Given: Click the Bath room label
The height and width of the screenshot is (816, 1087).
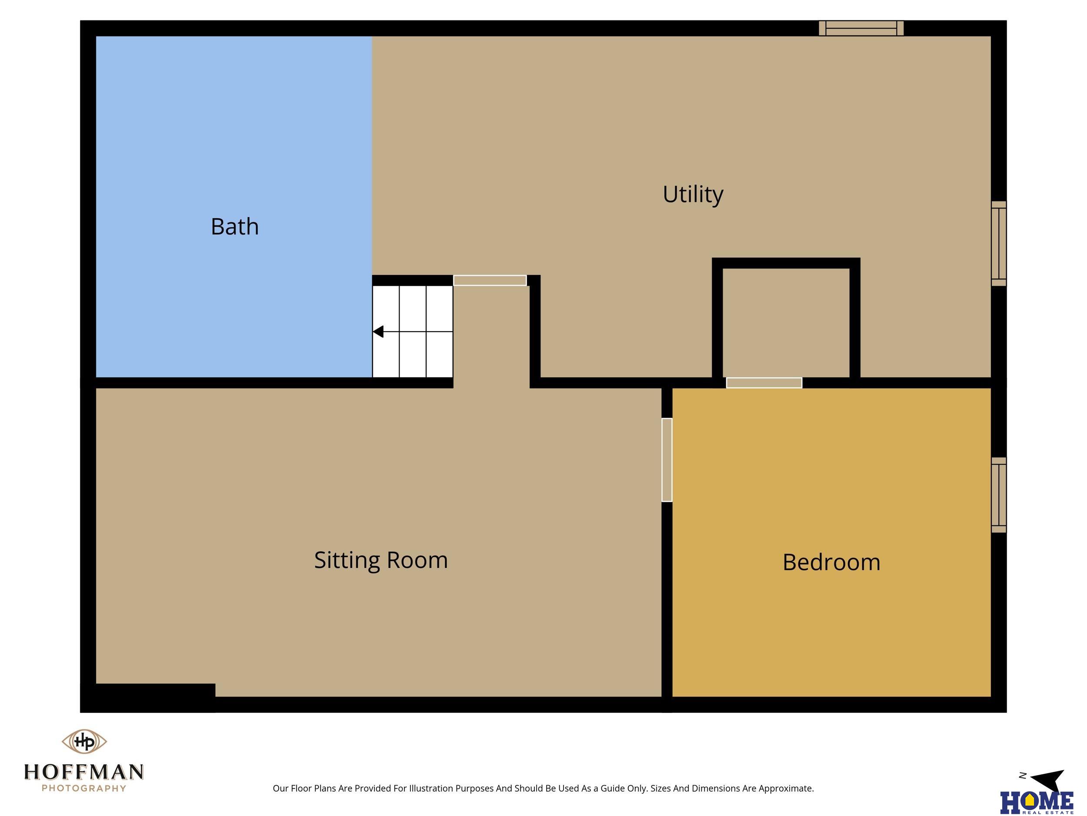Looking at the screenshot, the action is pos(234,227).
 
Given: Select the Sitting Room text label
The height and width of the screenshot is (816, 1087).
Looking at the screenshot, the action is pos(381,560).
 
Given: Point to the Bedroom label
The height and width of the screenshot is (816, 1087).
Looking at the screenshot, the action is pos(831,562).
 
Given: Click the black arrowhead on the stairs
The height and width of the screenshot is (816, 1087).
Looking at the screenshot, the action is pos(378,332).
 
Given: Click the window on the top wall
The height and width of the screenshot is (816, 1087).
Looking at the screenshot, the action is pos(861,28).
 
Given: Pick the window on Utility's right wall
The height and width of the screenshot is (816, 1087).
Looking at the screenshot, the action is pos(999,243).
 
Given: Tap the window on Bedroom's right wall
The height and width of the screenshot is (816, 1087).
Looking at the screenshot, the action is pos(999,495).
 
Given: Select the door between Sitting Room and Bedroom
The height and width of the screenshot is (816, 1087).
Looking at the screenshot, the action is pos(667,460).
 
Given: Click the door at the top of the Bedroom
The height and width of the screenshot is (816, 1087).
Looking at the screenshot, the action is pos(764,383).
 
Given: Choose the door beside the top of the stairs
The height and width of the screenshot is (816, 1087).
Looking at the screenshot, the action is pos(490,280).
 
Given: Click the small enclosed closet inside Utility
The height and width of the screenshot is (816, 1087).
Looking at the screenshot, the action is pos(786,322).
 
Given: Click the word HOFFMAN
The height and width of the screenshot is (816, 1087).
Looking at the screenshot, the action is pos(84,772).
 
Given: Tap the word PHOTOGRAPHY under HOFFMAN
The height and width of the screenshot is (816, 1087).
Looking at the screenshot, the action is pos(84,789).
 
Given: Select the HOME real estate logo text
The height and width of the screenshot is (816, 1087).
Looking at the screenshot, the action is pos(1037,803).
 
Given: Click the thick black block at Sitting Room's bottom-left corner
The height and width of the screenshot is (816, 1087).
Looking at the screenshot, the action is pos(148,698).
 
